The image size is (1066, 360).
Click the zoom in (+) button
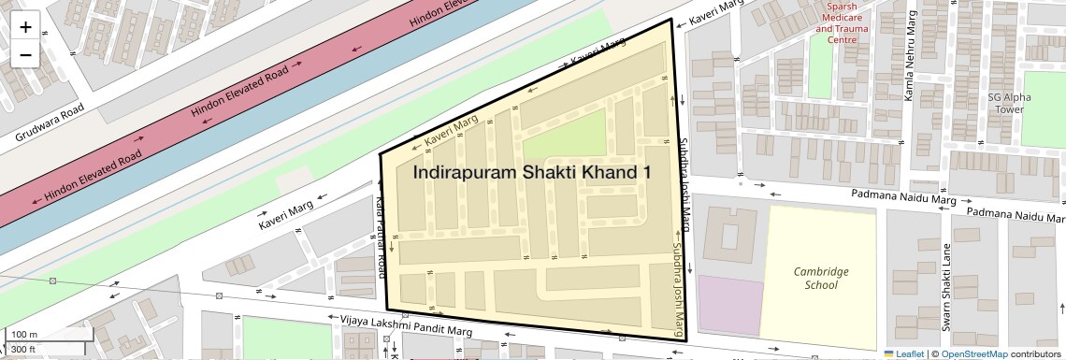coord(25,27)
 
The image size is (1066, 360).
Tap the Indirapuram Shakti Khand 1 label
coord(531,173)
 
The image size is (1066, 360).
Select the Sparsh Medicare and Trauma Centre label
coord(842,22)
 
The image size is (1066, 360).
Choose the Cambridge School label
coord(821,278)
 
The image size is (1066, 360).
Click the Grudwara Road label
coord(50,123)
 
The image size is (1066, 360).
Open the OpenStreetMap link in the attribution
coord(973,354)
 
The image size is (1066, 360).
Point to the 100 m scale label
coord(24,335)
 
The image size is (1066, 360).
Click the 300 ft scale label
coord(24,350)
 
